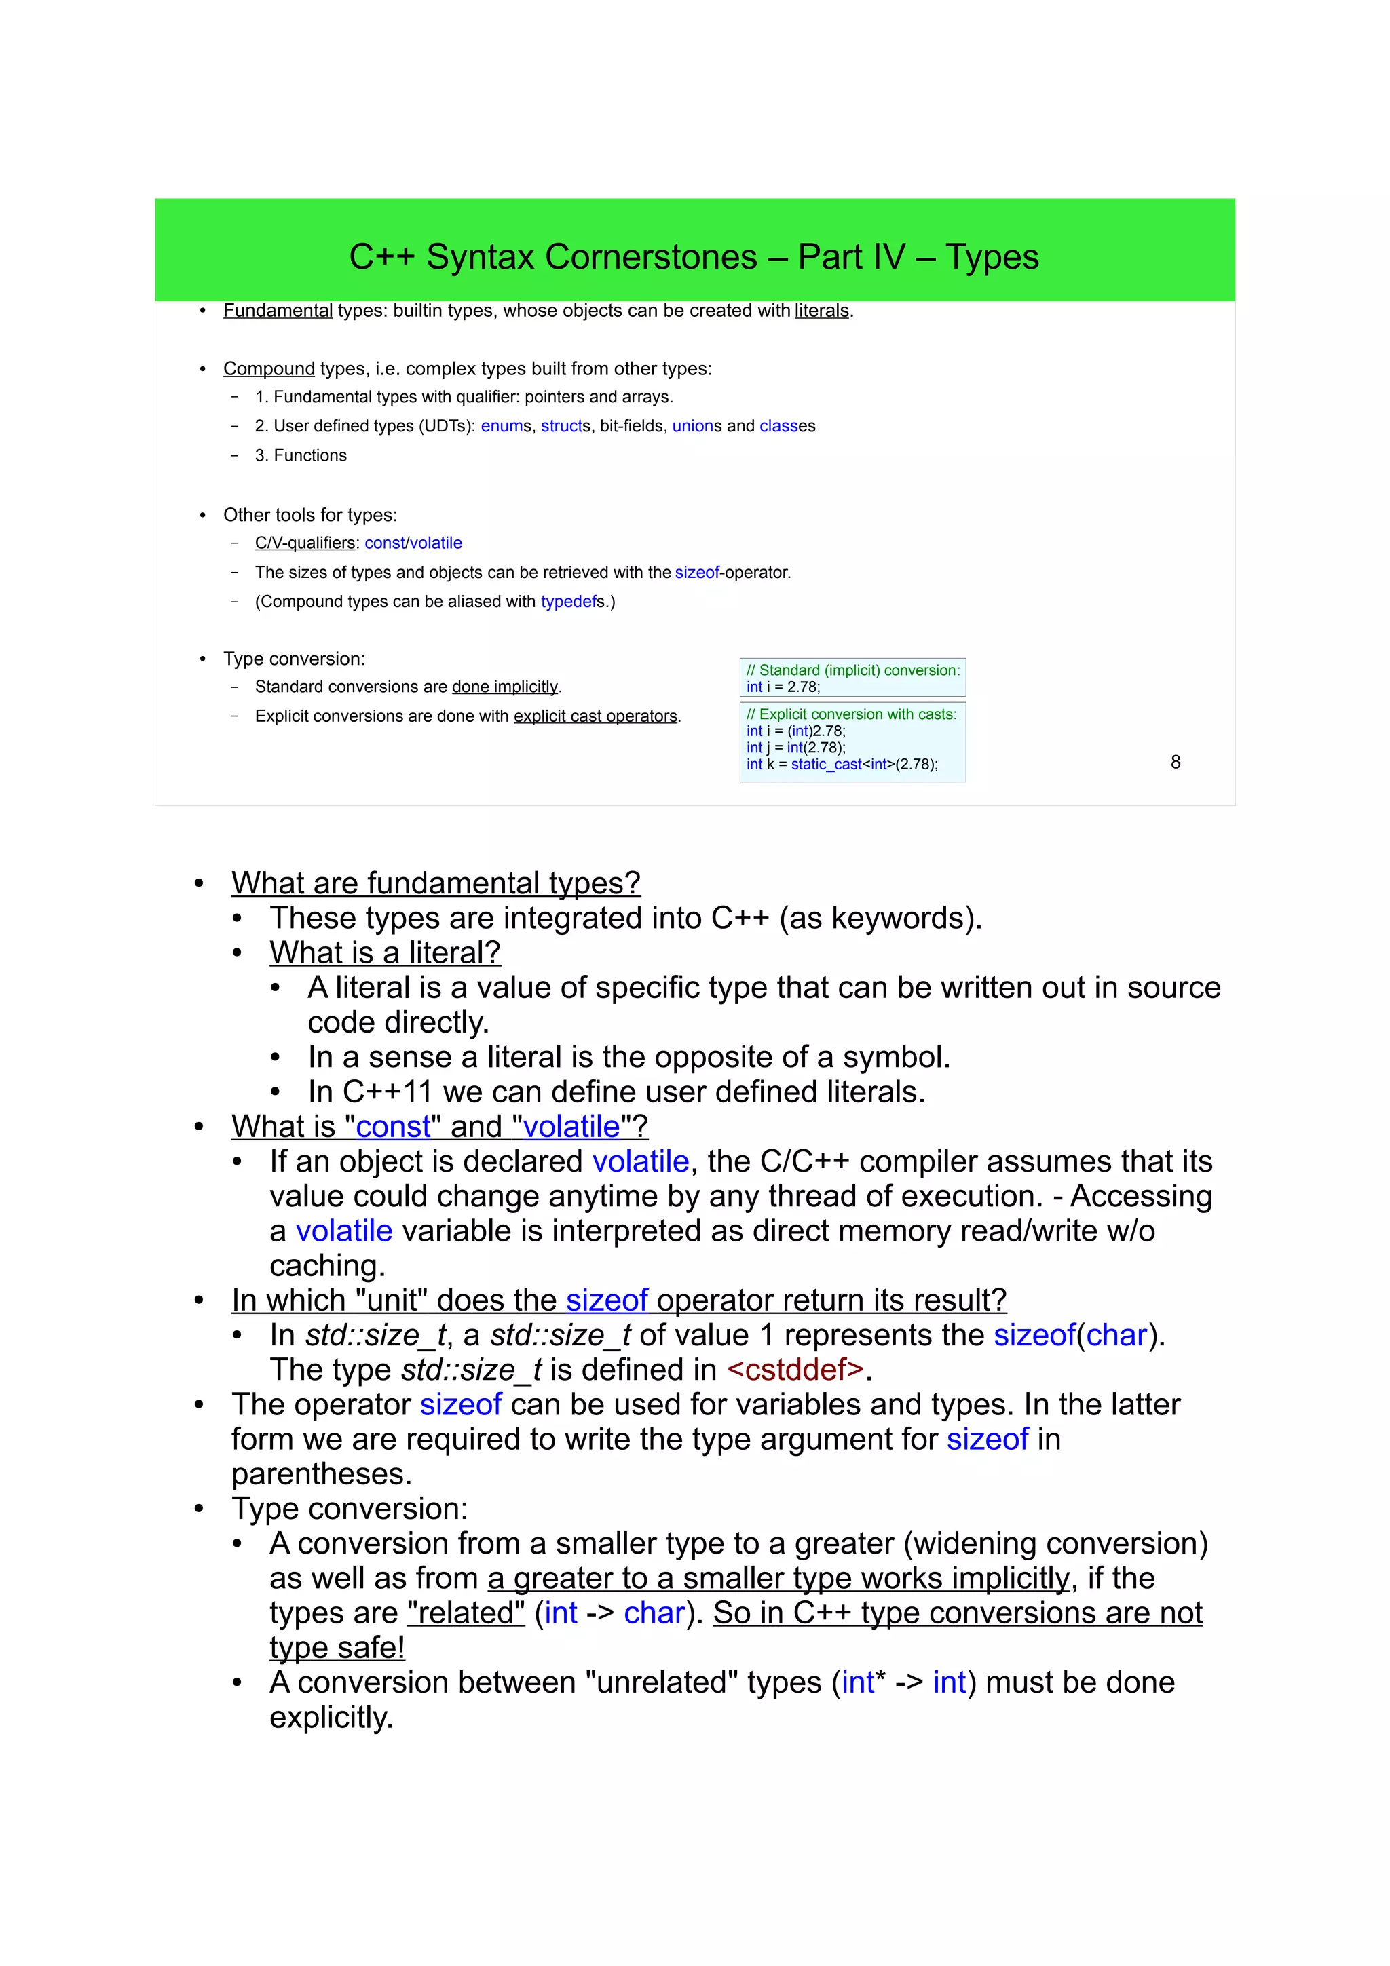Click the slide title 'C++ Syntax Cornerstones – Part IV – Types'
694,257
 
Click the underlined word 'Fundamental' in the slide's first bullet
278,311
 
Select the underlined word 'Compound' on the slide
269,369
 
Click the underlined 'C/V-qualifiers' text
305,543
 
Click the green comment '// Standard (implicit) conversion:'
853,670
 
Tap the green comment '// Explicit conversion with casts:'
851,714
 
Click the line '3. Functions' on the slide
301,455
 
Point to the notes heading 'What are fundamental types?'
436,883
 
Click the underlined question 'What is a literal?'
385,952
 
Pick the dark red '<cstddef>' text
795,1369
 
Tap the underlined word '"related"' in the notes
466,1613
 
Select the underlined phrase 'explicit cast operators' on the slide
595,716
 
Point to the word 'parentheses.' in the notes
321,1473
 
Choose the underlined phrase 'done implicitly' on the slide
504,687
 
